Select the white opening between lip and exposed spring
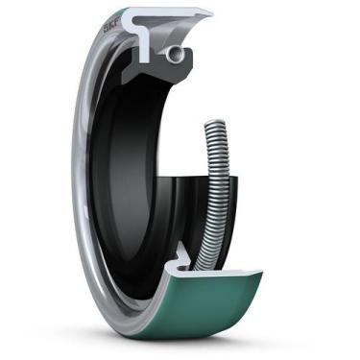[192, 144]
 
